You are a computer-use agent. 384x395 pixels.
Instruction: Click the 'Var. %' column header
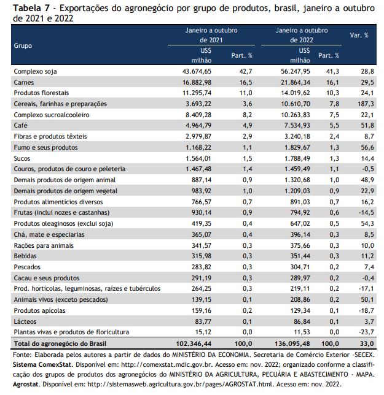(x=359, y=36)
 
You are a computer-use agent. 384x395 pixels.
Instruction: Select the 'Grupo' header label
(x=23, y=45)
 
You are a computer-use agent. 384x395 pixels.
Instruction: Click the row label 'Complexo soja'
(x=35, y=71)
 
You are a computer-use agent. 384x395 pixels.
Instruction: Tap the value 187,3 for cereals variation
(x=366, y=104)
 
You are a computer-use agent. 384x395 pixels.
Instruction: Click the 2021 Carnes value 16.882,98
(x=197, y=82)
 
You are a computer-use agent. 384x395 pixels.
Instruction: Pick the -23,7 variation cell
(x=366, y=332)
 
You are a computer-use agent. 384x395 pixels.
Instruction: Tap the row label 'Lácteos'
(x=25, y=321)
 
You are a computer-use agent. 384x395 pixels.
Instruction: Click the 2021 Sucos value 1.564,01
(x=198, y=158)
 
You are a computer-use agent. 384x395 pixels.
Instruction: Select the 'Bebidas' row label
(x=25, y=256)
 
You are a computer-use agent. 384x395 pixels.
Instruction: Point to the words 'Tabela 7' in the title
(x=31, y=9)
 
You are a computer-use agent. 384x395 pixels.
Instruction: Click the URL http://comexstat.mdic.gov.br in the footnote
(x=166, y=364)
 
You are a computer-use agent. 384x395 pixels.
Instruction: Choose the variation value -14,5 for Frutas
(x=366, y=212)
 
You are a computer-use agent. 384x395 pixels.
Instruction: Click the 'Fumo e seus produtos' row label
(x=45, y=147)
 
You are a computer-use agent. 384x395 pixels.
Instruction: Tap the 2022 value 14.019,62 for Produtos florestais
(x=296, y=93)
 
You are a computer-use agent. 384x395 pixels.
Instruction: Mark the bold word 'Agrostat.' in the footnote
(x=26, y=385)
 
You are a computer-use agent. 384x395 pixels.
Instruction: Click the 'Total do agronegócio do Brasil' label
(x=60, y=343)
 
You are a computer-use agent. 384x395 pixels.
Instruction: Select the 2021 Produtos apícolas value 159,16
(x=202, y=310)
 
